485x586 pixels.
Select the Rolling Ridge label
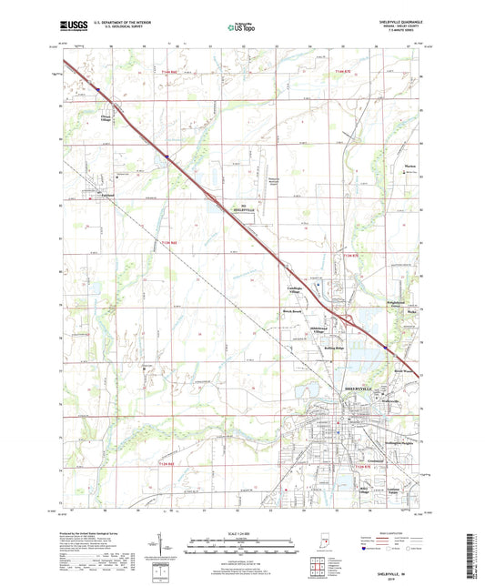[334, 348]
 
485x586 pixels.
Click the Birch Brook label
[290, 310]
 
